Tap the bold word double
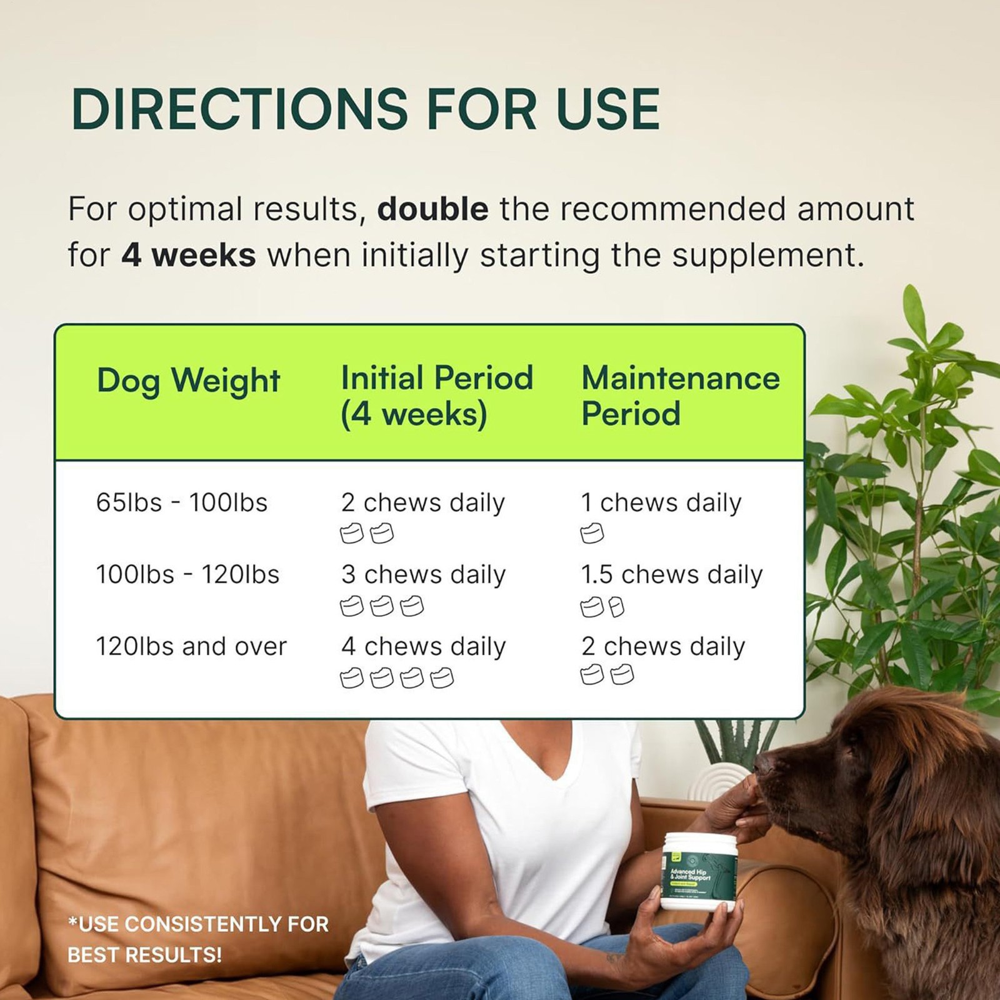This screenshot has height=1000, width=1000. (x=432, y=209)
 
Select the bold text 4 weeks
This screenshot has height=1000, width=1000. (x=188, y=255)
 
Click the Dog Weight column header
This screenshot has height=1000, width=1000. (x=188, y=381)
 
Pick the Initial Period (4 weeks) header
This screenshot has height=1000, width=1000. (x=436, y=396)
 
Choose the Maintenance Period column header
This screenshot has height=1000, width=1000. (x=680, y=396)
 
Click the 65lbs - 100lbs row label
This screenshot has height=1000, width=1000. (x=181, y=502)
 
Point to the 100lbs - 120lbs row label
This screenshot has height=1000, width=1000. (x=187, y=574)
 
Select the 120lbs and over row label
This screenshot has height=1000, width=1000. (x=191, y=646)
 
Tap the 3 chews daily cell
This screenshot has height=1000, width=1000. (x=423, y=574)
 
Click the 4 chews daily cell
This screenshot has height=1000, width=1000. (x=423, y=646)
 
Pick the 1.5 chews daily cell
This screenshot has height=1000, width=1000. (x=671, y=574)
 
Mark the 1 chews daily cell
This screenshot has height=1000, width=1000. (x=661, y=502)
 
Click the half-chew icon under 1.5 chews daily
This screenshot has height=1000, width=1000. (x=616, y=607)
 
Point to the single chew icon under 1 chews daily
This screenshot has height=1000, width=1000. (x=592, y=534)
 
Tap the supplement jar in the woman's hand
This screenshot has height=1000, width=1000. (x=699, y=872)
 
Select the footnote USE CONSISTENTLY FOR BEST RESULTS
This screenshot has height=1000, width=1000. (x=197, y=939)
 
